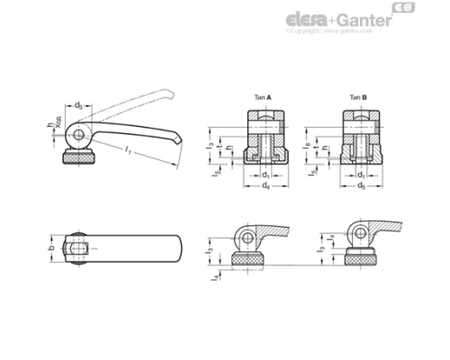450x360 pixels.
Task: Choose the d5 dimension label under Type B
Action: click(360, 185)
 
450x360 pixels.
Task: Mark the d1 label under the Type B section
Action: click(360, 173)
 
